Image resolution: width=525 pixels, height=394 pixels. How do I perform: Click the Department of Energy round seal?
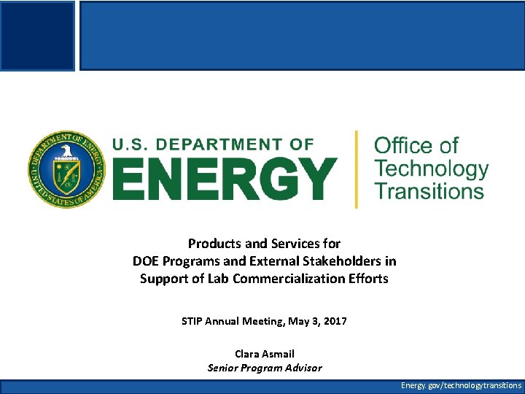(66, 169)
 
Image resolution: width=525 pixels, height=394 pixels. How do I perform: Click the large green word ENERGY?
(224, 178)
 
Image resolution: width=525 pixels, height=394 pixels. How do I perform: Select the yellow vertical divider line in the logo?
(356, 169)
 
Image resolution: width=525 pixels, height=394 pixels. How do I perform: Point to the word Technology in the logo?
(431, 169)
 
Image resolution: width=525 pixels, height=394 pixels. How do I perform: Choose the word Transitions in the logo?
(429, 191)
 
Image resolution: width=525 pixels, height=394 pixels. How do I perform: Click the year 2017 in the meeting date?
(334, 321)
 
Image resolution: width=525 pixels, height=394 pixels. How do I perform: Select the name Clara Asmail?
(265, 354)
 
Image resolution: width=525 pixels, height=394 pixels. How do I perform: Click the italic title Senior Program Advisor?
(265, 368)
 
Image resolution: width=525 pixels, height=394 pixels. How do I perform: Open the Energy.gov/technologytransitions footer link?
(461, 385)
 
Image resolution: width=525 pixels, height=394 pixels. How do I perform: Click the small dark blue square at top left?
(37, 35)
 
